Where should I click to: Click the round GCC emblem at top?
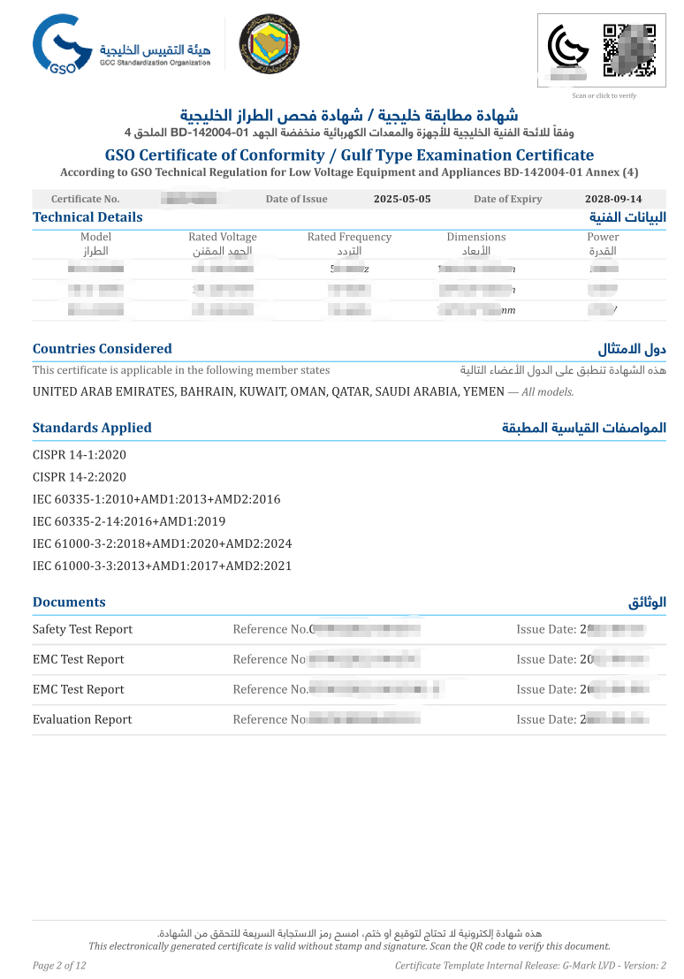270,44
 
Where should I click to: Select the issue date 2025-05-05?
402,199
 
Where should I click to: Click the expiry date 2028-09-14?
613,199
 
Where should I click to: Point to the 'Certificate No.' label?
85,199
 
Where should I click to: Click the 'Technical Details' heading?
87,217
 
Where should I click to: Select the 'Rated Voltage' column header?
223,237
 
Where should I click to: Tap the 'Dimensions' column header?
476,237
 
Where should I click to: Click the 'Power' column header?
603,237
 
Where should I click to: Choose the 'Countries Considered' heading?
103,349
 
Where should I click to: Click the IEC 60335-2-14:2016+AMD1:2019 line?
129,521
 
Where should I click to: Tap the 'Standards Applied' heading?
92,428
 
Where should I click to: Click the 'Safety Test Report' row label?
82,629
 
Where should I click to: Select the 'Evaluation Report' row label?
82,719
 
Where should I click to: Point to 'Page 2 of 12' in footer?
59,965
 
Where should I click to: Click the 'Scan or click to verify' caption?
604,95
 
